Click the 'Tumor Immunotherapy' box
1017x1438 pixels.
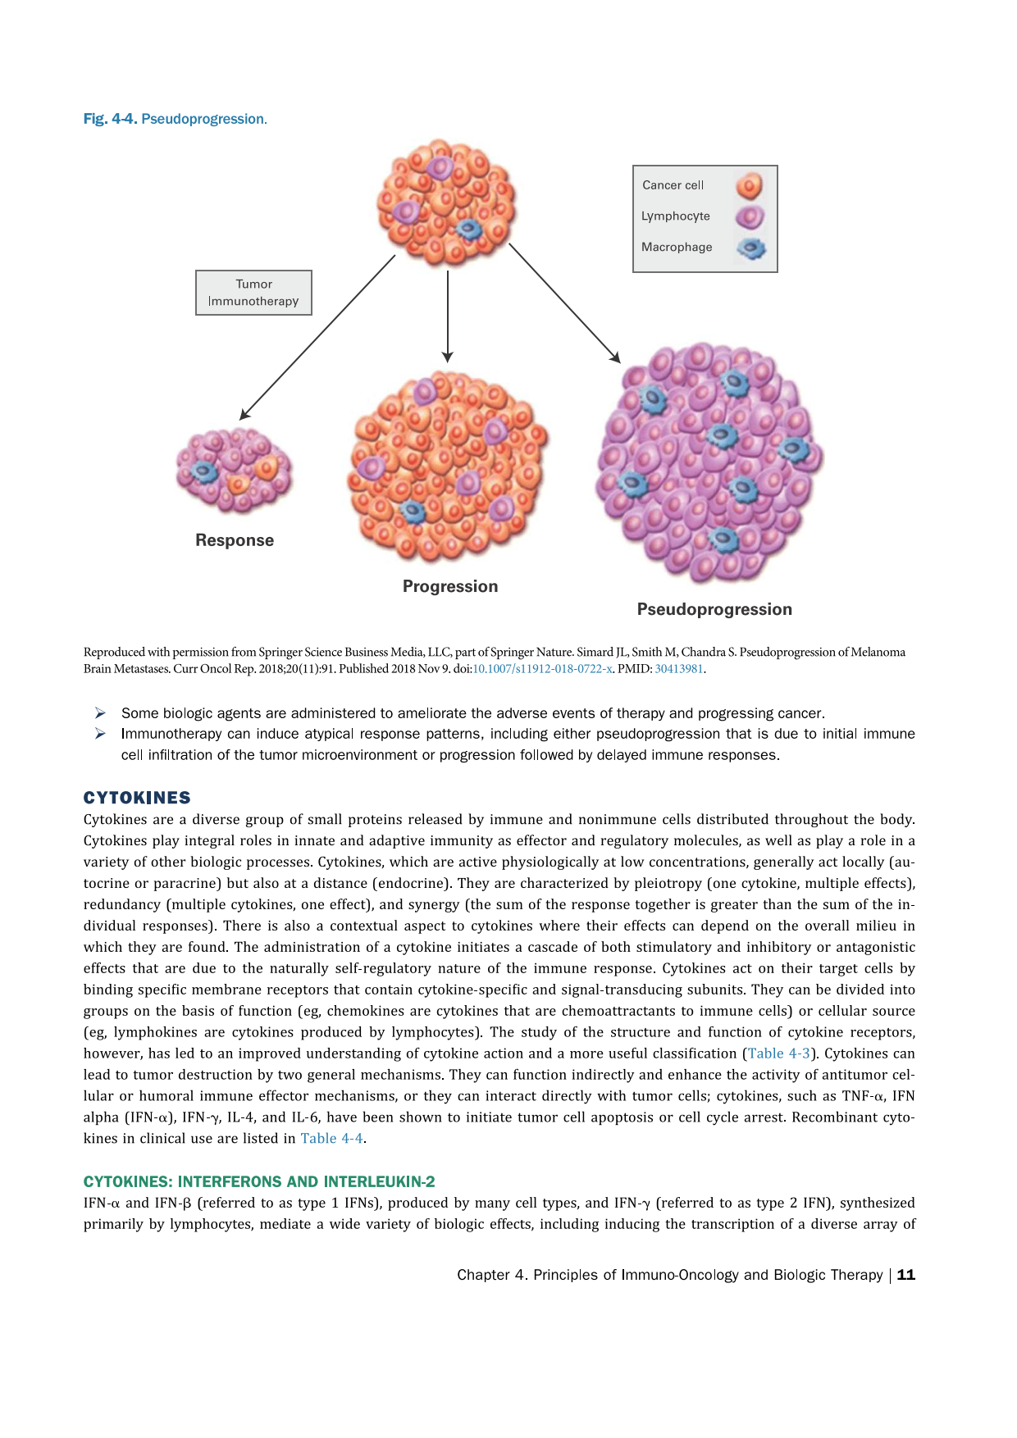coord(253,293)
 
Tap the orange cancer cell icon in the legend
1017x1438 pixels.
coord(749,186)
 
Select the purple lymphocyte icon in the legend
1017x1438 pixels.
coord(749,217)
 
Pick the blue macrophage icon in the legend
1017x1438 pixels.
coord(750,248)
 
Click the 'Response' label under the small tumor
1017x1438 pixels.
coord(235,540)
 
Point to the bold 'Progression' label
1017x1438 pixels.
coord(450,586)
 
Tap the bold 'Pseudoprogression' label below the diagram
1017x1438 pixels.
coord(714,609)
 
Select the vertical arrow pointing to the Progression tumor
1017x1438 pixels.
coord(447,316)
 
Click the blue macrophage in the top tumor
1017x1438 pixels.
coord(468,229)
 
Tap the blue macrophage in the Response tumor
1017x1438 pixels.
coord(203,471)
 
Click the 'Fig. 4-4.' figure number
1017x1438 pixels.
coord(110,119)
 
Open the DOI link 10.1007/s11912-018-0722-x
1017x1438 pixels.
coord(542,668)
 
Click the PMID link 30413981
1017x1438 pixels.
coord(679,668)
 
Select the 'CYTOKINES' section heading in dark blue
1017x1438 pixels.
coord(137,798)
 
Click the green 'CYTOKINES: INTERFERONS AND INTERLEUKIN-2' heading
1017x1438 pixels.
coord(259,1181)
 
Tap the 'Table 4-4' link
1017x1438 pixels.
coord(331,1138)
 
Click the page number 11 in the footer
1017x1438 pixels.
coord(906,1275)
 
